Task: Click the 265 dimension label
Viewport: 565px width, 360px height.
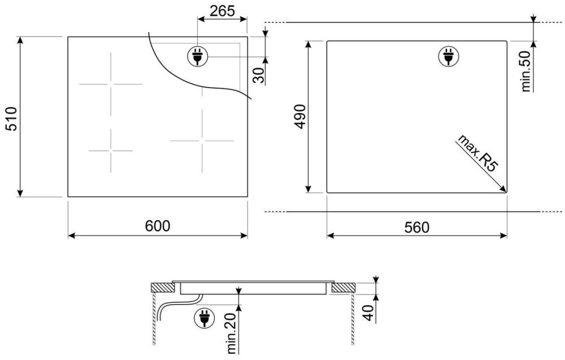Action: [222, 11]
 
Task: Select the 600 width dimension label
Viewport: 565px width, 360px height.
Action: [158, 226]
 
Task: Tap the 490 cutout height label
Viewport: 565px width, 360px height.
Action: [300, 116]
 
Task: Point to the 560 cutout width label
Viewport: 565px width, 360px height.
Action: [417, 227]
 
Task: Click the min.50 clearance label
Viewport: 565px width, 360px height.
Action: [526, 71]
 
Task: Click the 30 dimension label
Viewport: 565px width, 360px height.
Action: [258, 75]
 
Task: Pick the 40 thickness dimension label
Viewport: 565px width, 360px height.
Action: [368, 313]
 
